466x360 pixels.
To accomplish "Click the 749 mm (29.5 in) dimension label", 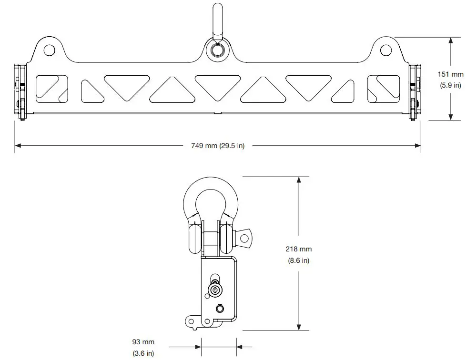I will click(x=217, y=146).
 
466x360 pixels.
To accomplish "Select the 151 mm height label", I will click(x=450, y=74).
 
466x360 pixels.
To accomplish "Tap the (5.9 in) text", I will click(x=450, y=85).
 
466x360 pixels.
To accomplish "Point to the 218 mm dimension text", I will click(x=298, y=249).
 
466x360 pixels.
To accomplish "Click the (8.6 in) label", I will click(x=298, y=260).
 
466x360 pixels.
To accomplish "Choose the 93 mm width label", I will click(x=143, y=342).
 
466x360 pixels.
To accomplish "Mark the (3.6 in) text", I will click(x=143, y=353).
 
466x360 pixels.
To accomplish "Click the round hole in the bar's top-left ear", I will click(x=49, y=50).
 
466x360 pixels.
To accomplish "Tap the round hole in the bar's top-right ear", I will click(x=386, y=50).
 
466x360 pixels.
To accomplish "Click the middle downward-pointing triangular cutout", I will click(x=217, y=85).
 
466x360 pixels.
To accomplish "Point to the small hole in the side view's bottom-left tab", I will click(x=192, y=321).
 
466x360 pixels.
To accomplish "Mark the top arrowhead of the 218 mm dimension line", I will click(x=299, y=180).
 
